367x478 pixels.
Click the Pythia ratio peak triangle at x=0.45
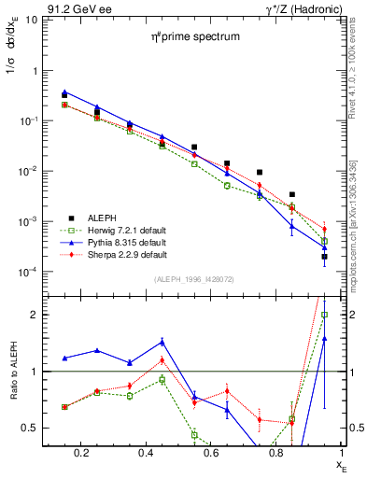click(162, 342)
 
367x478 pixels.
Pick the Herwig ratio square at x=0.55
click(194, 434)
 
